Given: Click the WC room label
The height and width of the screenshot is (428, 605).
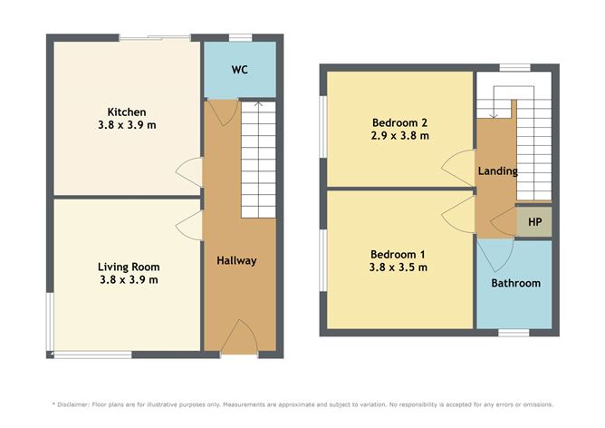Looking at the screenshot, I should tap(239, 70).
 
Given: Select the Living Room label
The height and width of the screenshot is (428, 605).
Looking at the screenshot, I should tap(128, 267).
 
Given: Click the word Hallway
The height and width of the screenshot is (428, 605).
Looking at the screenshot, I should tap(236, 260).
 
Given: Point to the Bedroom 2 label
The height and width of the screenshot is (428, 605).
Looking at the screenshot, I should tap(399, 122).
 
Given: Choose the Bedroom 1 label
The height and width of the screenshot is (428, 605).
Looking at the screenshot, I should tap(398, 255).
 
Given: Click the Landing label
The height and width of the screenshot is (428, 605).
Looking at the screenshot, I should tap(497, 170).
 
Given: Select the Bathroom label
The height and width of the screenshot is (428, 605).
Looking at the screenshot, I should tap(515, 283).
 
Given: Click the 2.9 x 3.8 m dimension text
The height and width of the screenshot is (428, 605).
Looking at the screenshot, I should tap(399, 135).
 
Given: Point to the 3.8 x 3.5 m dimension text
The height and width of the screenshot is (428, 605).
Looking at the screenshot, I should tap(398, 267).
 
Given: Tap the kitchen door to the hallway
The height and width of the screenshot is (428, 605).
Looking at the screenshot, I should tap(189, 170).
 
